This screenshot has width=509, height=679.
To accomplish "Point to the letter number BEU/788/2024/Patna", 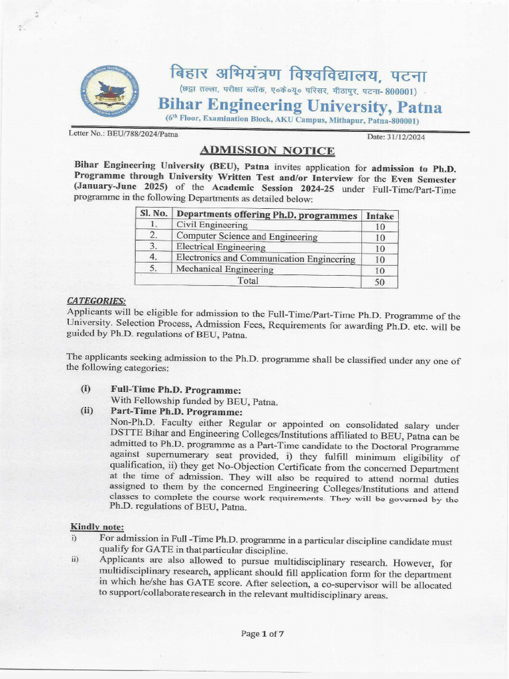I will (123, 133).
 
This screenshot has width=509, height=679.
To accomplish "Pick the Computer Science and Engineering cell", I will (247, 237).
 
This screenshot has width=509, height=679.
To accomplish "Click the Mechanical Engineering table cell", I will (225, 270).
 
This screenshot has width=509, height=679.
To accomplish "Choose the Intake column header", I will (380, 216).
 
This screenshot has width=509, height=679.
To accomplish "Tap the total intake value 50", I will (380, 282).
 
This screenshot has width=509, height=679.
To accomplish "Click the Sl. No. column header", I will (153, 214).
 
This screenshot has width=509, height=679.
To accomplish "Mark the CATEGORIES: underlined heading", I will (97, 301).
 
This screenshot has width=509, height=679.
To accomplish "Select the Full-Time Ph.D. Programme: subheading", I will (176, 390).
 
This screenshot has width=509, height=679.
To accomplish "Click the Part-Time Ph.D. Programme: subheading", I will (176, 411).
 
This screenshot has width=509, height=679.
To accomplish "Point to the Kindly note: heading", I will (93, 526).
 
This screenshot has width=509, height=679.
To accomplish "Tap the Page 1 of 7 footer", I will (263, 633).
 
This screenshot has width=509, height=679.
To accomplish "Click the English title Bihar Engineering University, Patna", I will (300, 106).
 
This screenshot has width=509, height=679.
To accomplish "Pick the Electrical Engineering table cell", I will (221, 247).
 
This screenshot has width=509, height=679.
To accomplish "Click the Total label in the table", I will (249, 280).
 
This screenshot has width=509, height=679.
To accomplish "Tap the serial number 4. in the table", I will (152, 257).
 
